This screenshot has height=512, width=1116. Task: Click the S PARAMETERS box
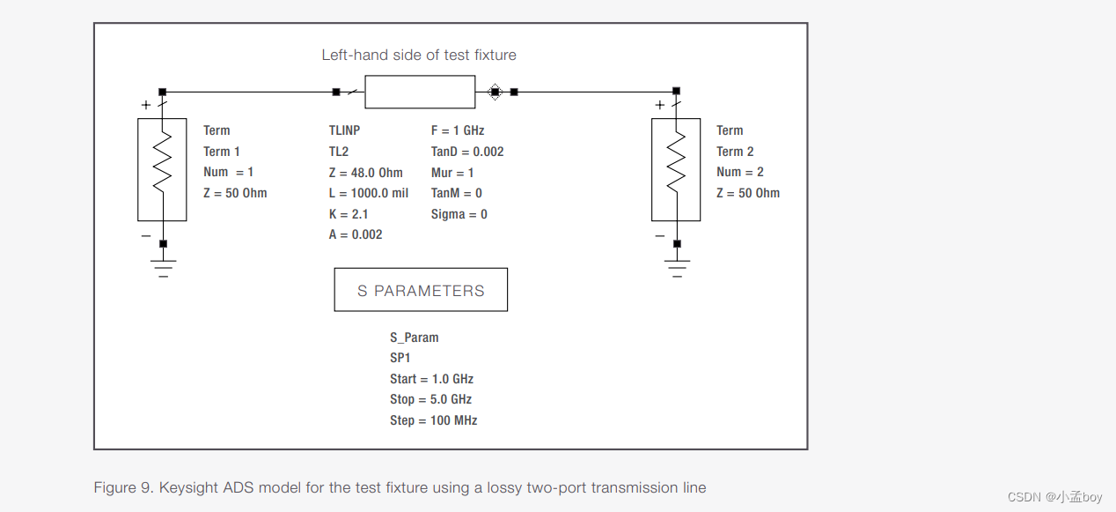[421, 290]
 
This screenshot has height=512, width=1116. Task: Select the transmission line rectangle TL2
[420, 92]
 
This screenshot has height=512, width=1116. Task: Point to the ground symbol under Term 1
[162, 267]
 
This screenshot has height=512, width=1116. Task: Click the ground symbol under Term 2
[676, 267]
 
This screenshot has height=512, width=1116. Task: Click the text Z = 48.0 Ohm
[365, 172]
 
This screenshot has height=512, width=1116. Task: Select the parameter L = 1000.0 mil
[368, 193]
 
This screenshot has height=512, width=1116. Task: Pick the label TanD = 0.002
[467, 152]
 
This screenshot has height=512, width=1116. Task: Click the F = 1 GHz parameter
[458, 130]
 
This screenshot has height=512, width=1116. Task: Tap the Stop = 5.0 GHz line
[430, 399]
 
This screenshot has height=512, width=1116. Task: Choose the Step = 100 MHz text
[433, 420]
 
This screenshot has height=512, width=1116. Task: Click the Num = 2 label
[739, 172]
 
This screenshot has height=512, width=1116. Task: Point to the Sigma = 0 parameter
[459, 214]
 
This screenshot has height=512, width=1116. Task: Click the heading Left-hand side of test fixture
[419, 55]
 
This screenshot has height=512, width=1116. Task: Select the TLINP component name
[344, 130]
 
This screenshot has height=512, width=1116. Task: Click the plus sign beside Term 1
[146, 105]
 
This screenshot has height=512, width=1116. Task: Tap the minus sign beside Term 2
[660, 236]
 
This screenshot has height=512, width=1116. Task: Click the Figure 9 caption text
[400, 487]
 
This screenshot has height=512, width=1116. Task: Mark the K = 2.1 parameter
[349, 214]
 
